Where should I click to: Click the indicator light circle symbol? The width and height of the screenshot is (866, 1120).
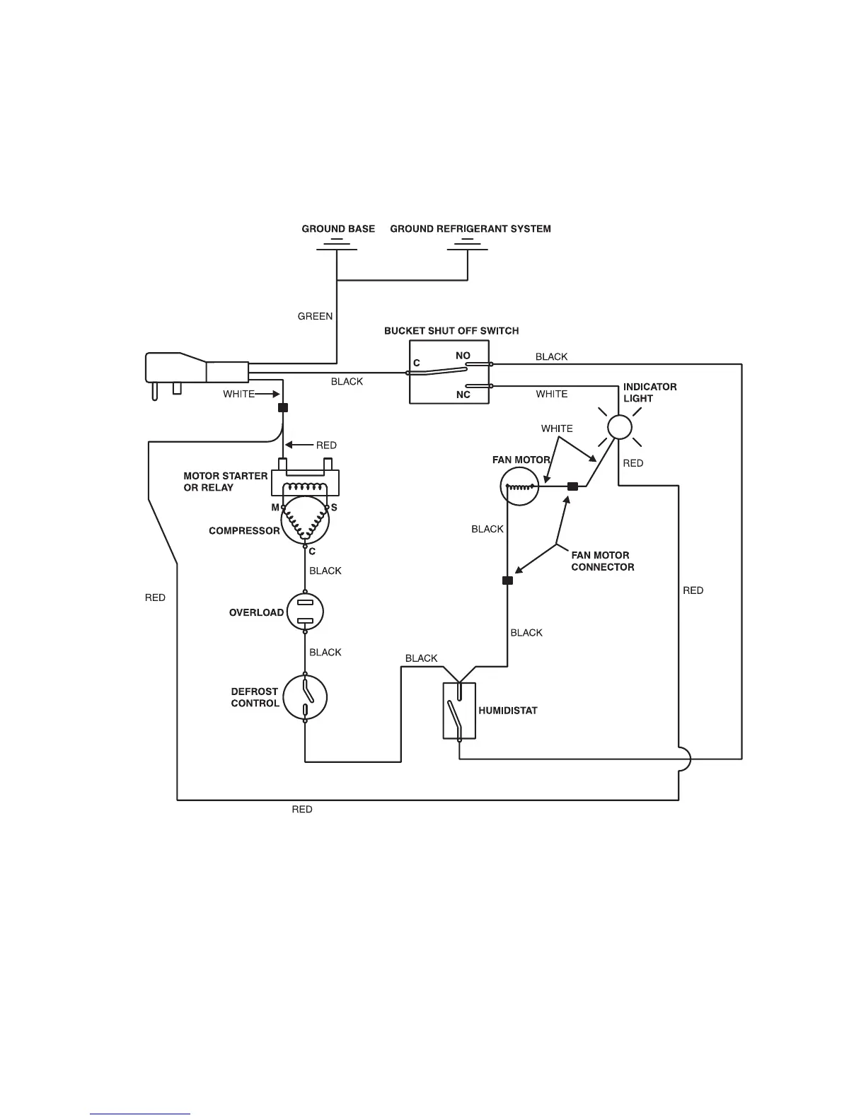tap(620, 427)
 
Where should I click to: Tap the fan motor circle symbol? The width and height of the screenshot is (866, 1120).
tap(519, 486)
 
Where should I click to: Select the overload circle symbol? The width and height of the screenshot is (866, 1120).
tap(305, 612)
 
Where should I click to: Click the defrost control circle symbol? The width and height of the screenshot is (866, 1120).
tap(305, 697)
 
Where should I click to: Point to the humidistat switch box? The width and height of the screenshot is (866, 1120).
tap(459, 711)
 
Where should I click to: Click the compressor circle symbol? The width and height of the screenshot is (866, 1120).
tap(305, 522)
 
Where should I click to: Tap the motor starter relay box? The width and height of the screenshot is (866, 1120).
tap(305, 483)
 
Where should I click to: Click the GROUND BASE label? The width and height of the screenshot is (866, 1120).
tap(338, 228)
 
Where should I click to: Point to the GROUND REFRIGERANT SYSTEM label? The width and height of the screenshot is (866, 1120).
tap(470, 228)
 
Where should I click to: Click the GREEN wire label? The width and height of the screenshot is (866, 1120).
tap(315, 316)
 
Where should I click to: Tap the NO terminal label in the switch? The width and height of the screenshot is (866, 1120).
tap(463, 356)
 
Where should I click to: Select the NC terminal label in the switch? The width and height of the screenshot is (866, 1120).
tap(463, 395)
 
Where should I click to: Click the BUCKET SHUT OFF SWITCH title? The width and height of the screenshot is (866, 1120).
tap(451, 330)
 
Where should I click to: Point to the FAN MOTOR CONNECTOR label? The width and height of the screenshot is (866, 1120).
tap(602, 561)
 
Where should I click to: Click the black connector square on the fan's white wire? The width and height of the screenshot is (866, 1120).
tap(573, 486)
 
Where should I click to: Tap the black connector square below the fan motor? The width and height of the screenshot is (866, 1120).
tap(507, 581)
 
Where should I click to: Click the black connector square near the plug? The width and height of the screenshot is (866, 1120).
tap(283, 407)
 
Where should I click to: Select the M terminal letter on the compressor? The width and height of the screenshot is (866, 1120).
tap(275, 508)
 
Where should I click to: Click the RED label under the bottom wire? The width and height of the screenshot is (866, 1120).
tap(302, 809)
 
